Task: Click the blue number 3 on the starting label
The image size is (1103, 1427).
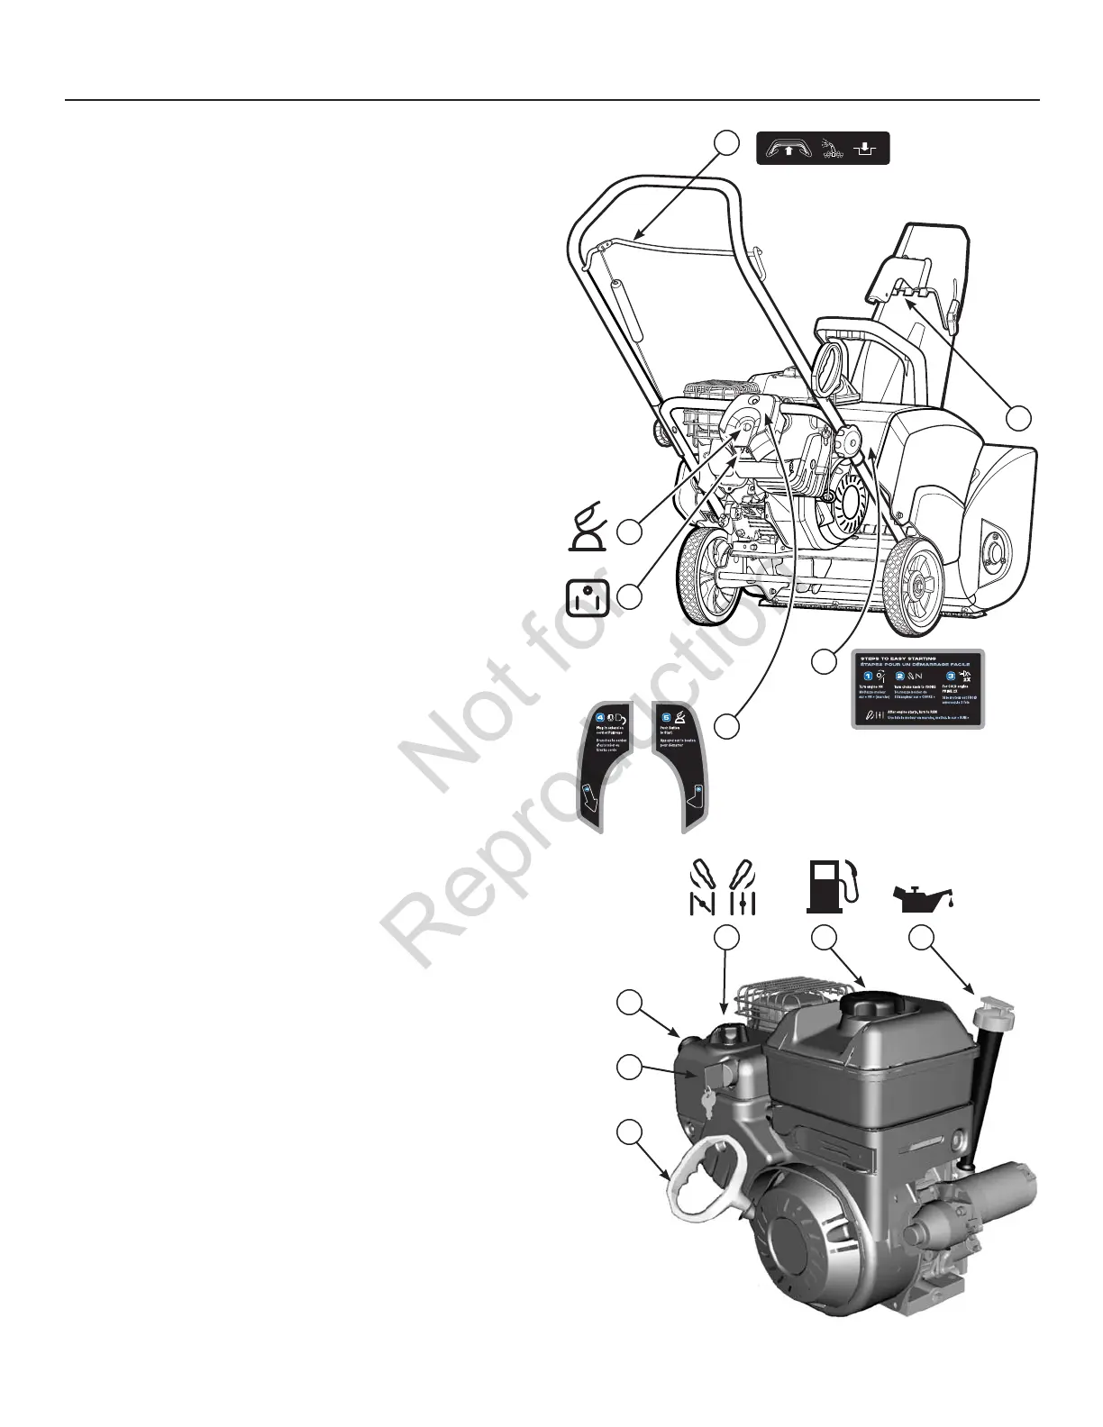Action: [949, 677]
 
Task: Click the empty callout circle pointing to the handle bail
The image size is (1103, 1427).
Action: [727, 141]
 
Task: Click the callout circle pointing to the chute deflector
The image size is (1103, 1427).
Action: [1018, 418]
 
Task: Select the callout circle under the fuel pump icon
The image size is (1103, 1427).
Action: [822, 939]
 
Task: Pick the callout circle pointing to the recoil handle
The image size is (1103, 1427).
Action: [629, 1131]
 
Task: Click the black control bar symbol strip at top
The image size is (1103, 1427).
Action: [822, 148]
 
